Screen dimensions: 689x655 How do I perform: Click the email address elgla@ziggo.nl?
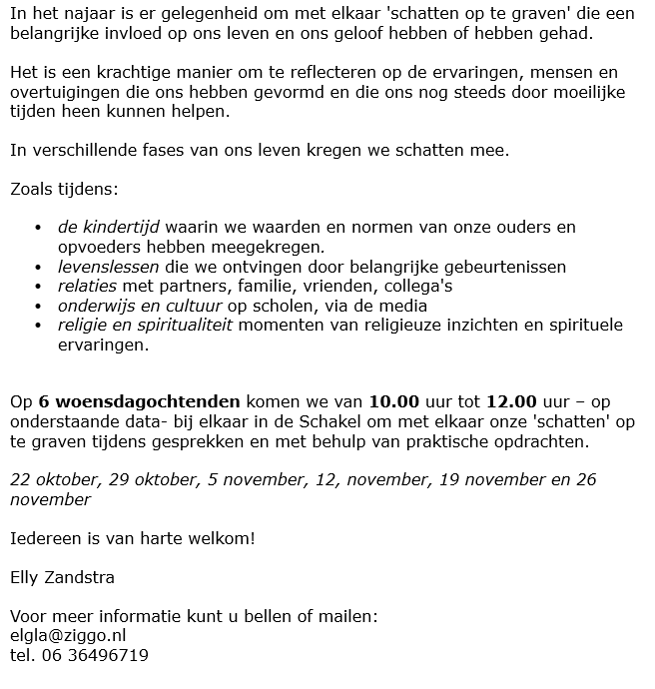pos(67,635)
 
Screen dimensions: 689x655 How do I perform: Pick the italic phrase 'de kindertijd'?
pos(109,227)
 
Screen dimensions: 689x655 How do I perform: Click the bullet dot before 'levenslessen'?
pos(39,268)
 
